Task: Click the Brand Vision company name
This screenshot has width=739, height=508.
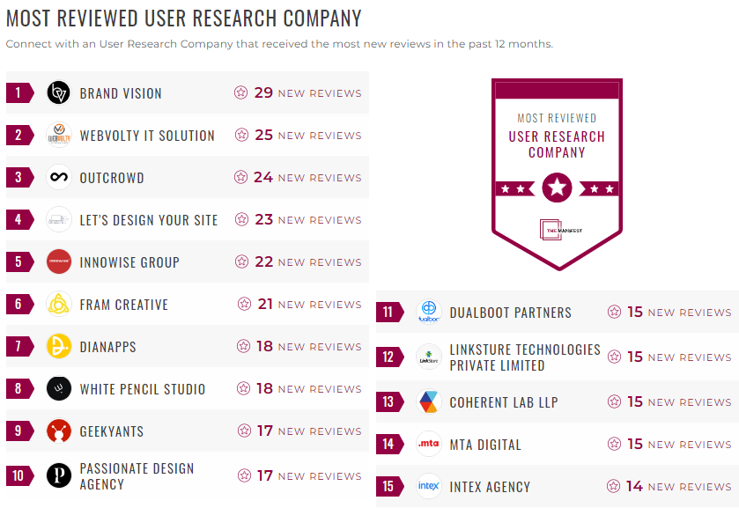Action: (121, 93)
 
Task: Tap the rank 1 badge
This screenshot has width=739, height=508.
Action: (18, 93)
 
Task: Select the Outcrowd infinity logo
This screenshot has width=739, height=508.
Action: (59, 178)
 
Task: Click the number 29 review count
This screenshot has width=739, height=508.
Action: (263, 92)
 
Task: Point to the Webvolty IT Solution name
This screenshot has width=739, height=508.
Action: (147, 136)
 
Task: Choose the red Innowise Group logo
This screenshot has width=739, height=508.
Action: (59, 262)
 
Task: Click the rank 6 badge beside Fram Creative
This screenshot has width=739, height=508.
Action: (18, 305)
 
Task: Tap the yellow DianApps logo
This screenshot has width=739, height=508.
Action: (59, 347)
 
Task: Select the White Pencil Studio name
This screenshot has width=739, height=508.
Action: (143, 389)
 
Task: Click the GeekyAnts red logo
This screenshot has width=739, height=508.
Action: (59, 431)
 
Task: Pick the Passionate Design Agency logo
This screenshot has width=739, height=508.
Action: (59, 476)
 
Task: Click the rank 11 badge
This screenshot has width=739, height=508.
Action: (388, 313)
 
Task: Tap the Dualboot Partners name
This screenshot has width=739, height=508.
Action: (510, 313)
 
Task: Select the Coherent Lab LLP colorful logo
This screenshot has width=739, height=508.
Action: (429, 402)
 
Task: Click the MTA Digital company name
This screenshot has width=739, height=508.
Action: (485, 445)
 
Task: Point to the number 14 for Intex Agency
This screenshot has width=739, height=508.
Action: (634, 486)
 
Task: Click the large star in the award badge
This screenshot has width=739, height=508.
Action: (557, 188)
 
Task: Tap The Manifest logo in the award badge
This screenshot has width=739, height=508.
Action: (557, 229)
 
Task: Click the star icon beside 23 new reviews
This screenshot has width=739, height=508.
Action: (240, 220)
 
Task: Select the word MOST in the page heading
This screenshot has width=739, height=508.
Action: (29, 18)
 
